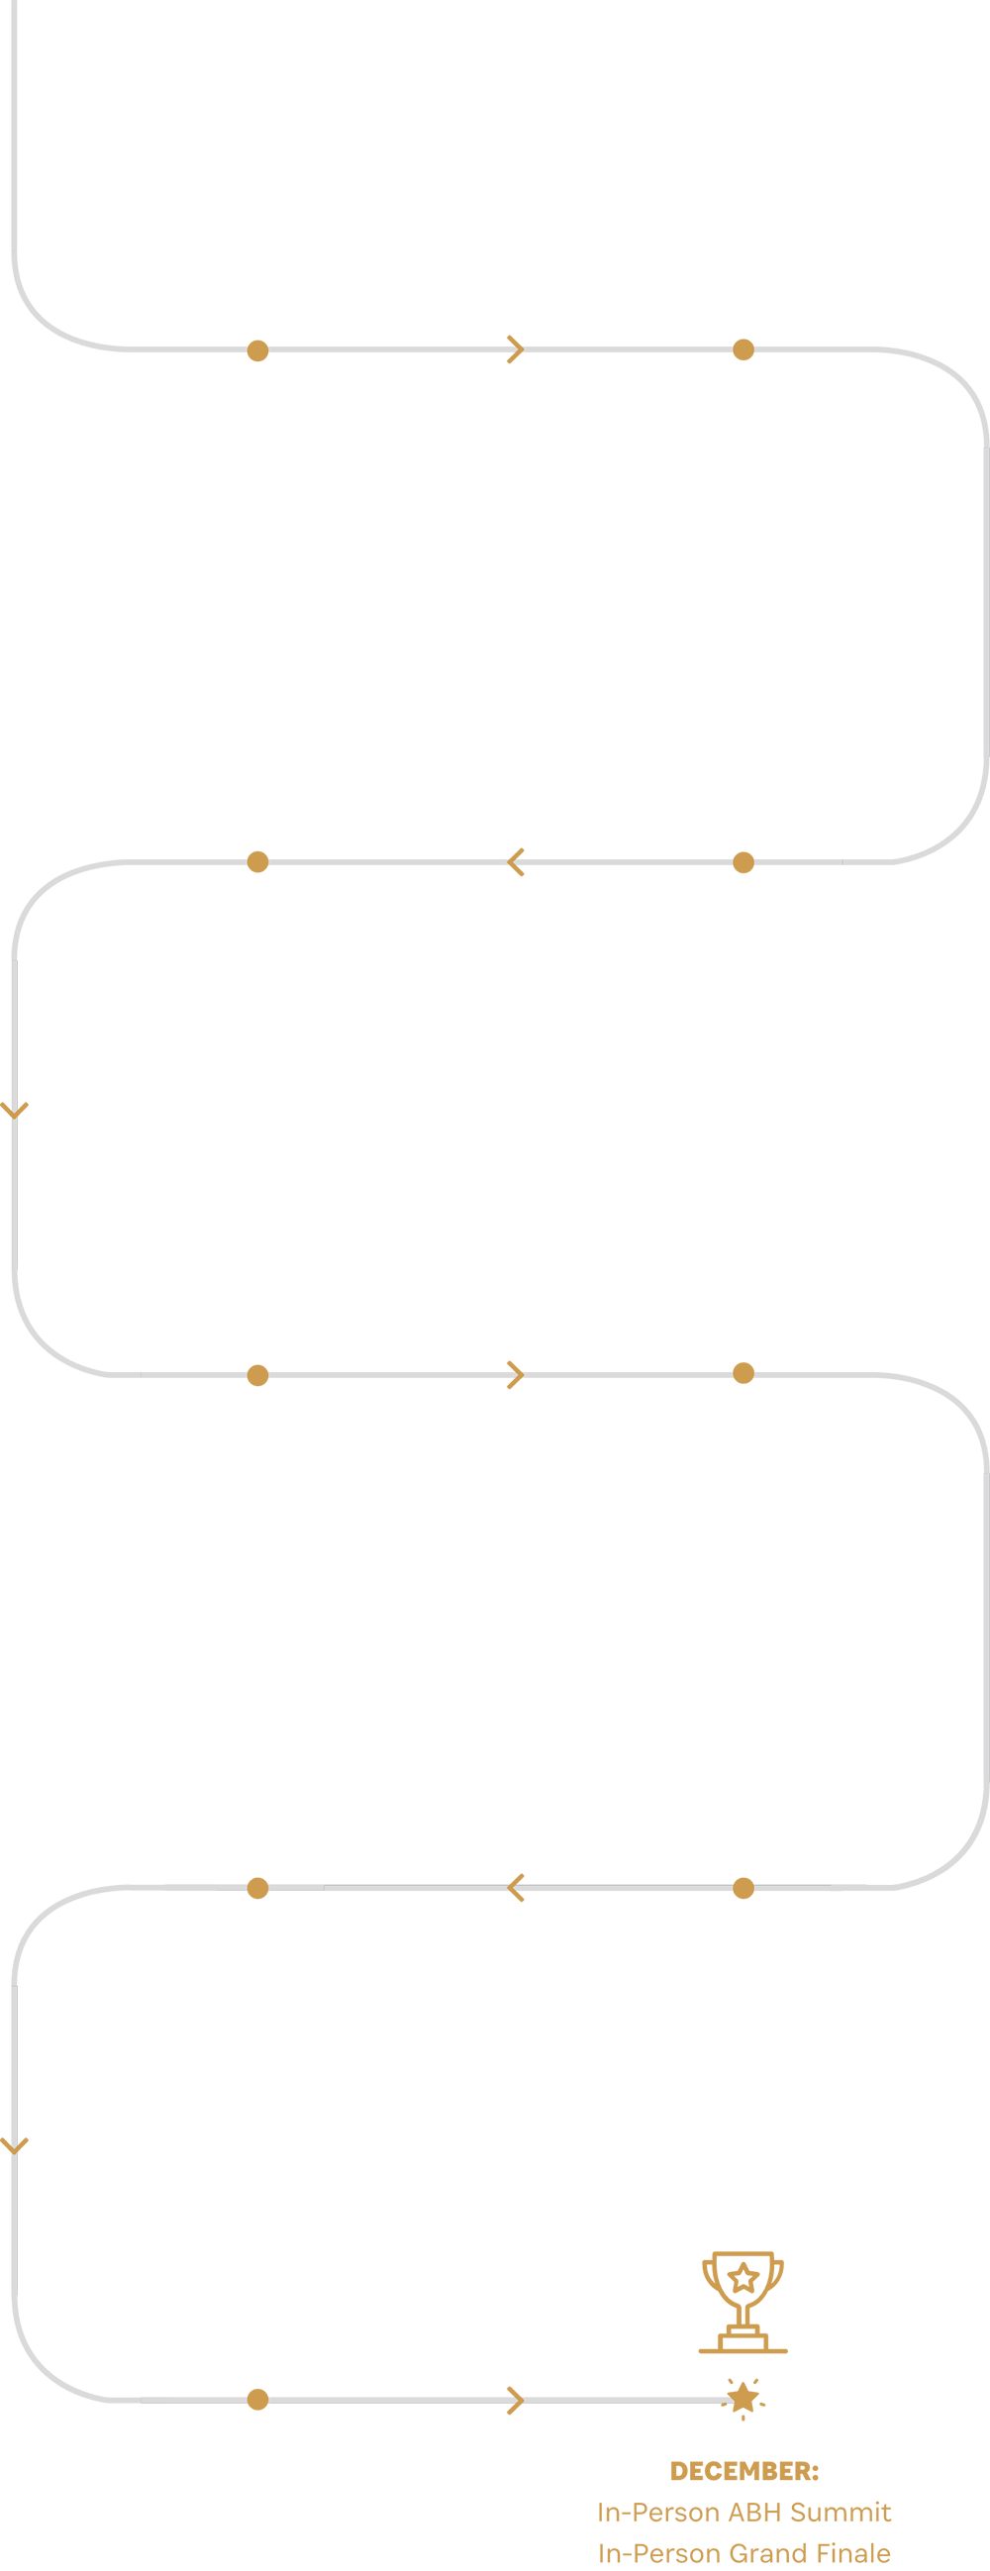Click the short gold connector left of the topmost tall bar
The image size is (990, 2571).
257,349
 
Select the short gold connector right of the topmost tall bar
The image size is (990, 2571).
743,349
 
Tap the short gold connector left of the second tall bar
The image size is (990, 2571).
257,865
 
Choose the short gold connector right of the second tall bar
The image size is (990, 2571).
743,866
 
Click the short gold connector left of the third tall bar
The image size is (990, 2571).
257,1375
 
